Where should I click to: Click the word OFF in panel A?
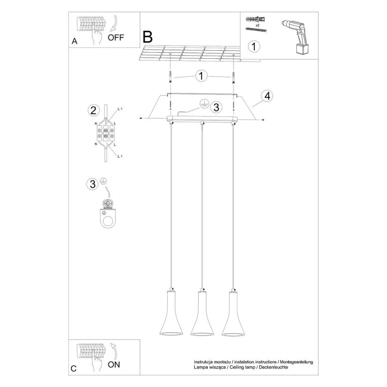point(116,38)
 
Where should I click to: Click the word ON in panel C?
point(114,364)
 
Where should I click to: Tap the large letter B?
point(147,37)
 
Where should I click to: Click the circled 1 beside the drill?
point(254,47)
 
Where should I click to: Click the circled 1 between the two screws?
point(201,75)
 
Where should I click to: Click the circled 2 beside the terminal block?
point(93,110)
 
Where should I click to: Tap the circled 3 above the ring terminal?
point(93,184)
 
